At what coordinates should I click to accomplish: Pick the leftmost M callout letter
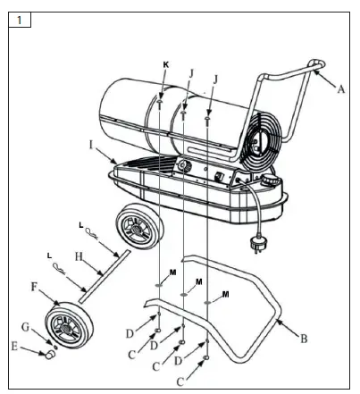coord(173,272)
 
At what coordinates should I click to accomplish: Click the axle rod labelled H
coord(105,272)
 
